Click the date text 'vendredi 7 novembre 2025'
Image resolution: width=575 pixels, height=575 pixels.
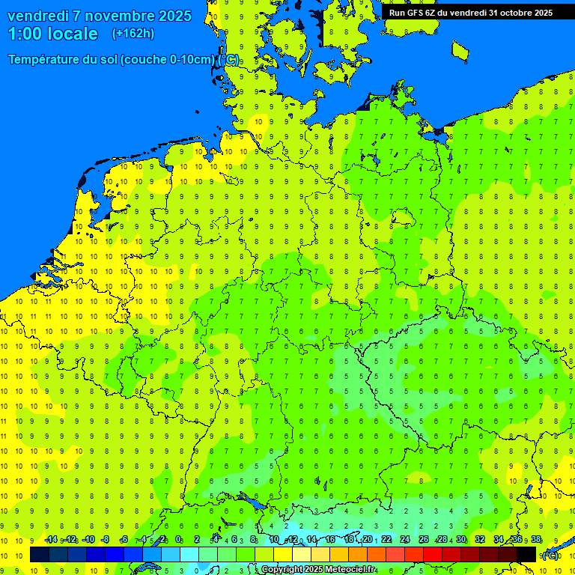[x=99, y=16]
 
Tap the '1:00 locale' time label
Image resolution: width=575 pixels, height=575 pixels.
[x=52, y=34]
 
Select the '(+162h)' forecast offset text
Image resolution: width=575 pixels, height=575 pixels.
[x=133, y=34]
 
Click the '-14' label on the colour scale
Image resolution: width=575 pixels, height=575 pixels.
[x=51, y=540]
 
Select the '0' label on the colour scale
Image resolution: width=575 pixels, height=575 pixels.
[x=179, y=540]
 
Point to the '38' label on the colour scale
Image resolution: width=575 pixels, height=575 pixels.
[x=535, y=540]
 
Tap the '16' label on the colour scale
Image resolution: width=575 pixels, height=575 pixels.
[x=329, y=540]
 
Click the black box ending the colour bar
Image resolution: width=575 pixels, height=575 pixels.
[x=526, y=554]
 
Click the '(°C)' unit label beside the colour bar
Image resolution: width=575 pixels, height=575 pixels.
[x=550, y=555]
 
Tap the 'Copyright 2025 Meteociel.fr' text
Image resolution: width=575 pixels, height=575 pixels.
[x=317, y=570]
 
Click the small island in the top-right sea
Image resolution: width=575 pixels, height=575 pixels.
[x=460, y=50]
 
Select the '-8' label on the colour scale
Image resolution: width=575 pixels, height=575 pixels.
[x=106, y=540]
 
